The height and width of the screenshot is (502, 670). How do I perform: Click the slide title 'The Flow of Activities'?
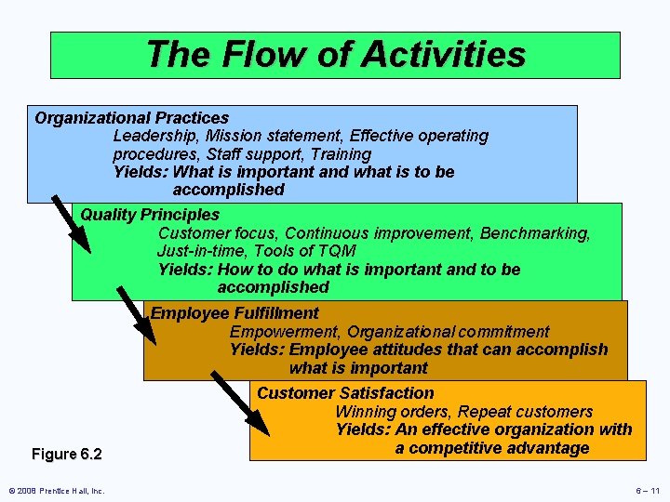[x=335, y=54]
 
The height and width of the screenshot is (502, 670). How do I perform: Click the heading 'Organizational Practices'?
[x=131, y=118]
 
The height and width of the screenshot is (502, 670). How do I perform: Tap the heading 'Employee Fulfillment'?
[x=234, y=313]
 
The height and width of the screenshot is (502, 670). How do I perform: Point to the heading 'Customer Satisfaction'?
[x=345, y=393]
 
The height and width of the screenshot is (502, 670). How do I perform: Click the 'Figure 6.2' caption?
[x=66, y=454]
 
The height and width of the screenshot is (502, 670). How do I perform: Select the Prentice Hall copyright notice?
[x=57, y=491]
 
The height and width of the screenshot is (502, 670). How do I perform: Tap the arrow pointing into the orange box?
[x=240, y=404]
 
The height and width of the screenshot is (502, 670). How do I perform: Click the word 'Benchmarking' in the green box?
[x=539, y=233]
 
